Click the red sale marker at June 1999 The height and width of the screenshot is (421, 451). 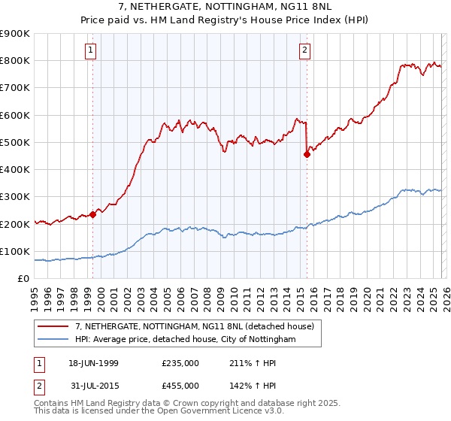pos(93,214)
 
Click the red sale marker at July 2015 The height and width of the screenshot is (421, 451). pos(307,155)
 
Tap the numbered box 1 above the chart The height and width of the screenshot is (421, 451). pos(90,50)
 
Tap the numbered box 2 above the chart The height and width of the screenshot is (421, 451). pos(304,50)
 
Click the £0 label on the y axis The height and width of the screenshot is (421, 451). pos(23,279)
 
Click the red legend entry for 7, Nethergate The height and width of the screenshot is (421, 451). pos(198,326)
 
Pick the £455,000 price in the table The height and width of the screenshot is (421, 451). pos(180,386)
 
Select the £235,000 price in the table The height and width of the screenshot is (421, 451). pos(180,363)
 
